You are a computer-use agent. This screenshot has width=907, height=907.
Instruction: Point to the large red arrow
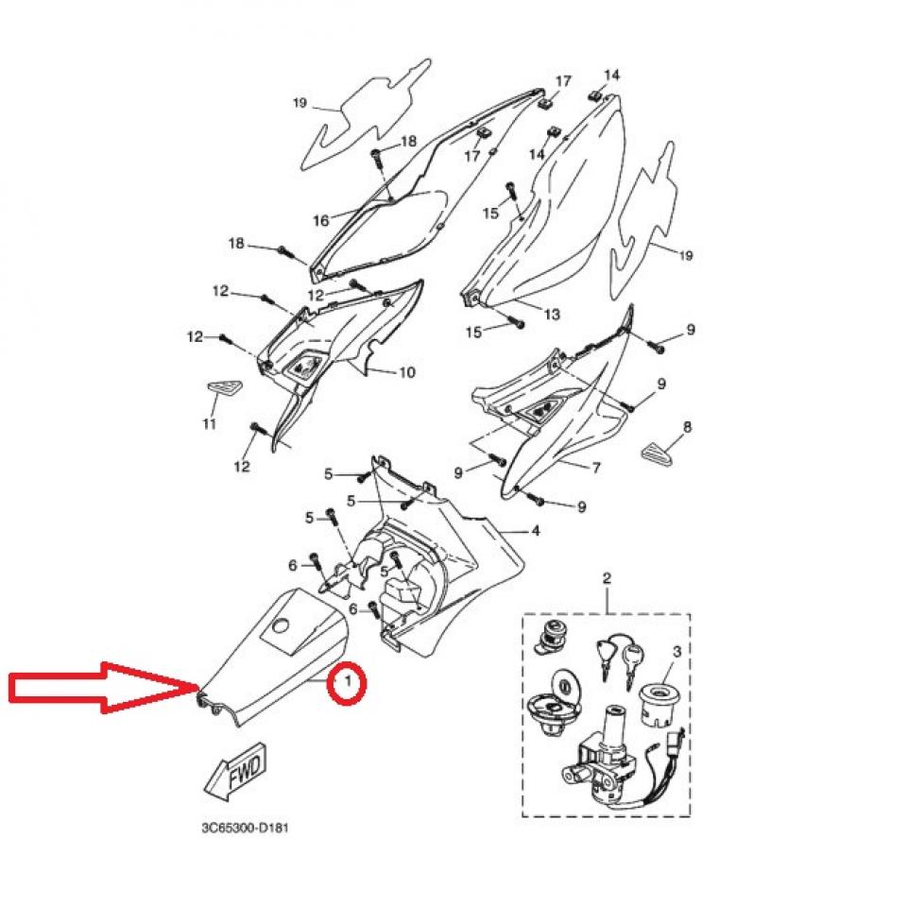click(102, 687)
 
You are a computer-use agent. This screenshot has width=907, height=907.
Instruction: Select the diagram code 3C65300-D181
click(245, 828)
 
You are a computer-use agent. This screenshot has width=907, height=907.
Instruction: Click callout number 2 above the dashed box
click(607, 577)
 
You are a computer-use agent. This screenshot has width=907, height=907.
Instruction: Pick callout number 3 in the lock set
click(677, 651)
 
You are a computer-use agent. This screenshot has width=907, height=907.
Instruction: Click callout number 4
click(535, 530)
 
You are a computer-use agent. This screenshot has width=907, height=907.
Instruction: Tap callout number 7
click(596, 467)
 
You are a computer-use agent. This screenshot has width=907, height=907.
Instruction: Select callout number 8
click(687, 427)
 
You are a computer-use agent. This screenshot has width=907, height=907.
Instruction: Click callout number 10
click(407, 372)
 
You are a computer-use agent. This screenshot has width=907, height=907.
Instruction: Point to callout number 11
click(210, 424)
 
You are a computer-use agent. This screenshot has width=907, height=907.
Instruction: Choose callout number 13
click(553, 314)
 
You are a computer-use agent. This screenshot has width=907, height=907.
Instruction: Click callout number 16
click(321, 220)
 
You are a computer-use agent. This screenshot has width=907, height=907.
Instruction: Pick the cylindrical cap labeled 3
click(660, 704)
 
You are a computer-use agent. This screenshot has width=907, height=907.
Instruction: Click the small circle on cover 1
click(282, 625)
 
